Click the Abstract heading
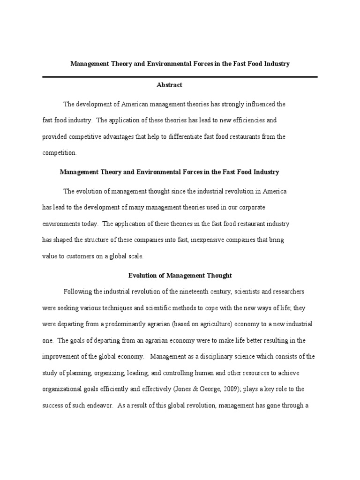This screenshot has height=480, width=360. [x=169, y=85]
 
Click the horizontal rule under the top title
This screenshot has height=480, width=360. [x=180, y=77]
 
